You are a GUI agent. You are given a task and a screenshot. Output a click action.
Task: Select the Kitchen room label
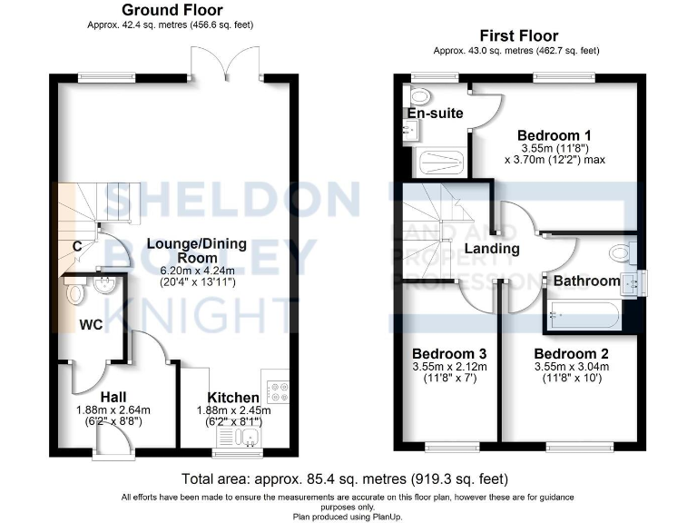tap(233, 398)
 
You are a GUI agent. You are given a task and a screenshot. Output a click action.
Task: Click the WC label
tap(90, 324)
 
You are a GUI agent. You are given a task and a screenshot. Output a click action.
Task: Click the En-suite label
tap(435, 113)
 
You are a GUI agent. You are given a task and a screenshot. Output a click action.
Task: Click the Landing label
tap(491, 248)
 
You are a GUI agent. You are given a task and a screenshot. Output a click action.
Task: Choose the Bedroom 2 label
tap(571, 354)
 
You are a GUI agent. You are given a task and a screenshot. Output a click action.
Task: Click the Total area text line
tap(345, 478)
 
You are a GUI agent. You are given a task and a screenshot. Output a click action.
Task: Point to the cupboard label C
tap(78, 245)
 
